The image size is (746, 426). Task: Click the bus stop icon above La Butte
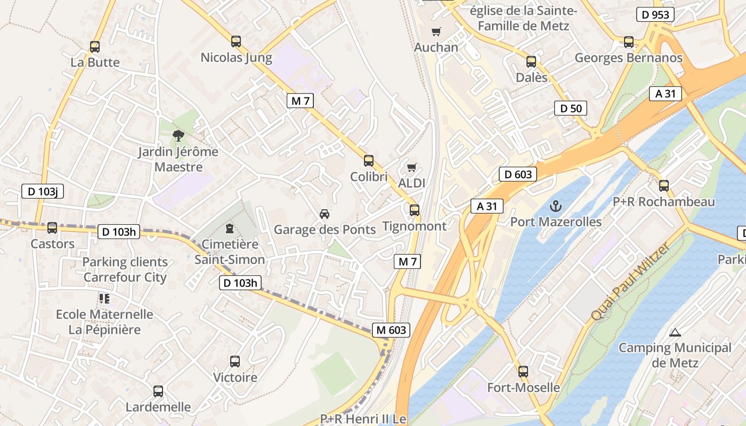[x=95, y=47]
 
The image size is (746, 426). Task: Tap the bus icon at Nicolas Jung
[x=236, y=42]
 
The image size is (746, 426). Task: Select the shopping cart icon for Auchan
[x=436, y=32]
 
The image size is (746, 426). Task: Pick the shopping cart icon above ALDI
[x=411, y=168]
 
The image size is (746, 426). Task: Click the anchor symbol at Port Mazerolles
[x=556, y=206]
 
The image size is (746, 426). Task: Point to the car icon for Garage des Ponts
[x=324, y=214]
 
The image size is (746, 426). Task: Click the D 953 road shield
[x=655, y=14]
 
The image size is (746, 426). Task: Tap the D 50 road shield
[x=570, y=109]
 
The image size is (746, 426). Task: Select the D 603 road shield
[x=517, y=174]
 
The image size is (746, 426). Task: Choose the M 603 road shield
[x=391, y=330]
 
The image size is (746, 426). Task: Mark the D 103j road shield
[x=43, y=192]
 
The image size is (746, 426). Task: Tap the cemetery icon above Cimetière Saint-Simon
[x=230, y=229]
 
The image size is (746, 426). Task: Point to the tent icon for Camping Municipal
[x=675, y=333]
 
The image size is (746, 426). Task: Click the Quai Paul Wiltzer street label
[x=629, y=282]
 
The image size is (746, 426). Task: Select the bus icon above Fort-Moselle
[x=523, y=372]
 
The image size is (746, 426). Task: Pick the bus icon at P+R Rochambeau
[x=664, y=186]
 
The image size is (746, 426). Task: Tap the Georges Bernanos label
[x=628, y=58]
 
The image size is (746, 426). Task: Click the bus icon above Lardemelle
[x=158, y=391]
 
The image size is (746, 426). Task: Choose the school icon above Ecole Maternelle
[x=104, y=299]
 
